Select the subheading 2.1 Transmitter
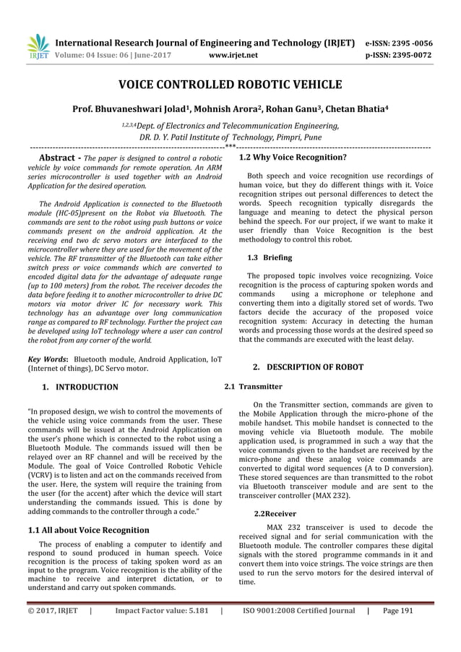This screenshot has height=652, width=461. point(254,387)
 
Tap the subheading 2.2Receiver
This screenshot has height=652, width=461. point(270,512)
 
